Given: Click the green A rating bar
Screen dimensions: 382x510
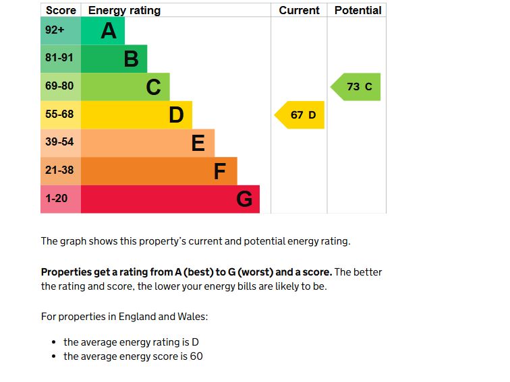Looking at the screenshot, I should [103, 31].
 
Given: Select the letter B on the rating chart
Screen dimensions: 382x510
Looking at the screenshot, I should [131, 59].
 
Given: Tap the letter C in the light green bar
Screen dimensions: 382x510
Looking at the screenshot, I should [154, 87].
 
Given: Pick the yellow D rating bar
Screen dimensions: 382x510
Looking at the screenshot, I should [136, 115].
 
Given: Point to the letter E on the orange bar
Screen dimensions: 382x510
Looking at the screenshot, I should [198, 144].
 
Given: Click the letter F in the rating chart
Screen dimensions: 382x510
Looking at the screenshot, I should [220, 172].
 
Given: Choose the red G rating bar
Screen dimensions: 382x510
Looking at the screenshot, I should [170, 199].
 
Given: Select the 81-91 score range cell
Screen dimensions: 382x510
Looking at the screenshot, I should [59, 58].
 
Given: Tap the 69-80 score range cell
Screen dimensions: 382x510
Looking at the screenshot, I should [59, 86].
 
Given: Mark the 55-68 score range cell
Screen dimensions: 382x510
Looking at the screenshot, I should [59, 115].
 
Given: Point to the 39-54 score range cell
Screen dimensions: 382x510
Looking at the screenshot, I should [59, 142].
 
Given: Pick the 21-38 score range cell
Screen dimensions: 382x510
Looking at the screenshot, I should [59, 170].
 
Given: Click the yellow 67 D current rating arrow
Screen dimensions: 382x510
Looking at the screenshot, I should [301, 115].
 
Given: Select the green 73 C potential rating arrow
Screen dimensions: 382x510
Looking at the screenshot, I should [357, 87].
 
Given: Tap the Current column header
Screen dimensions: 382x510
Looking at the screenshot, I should [299, 10].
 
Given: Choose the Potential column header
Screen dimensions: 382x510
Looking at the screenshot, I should [358, 10].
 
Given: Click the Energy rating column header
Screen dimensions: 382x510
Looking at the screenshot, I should [124, 10].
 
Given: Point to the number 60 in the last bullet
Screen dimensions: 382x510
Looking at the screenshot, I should [196, 356].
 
